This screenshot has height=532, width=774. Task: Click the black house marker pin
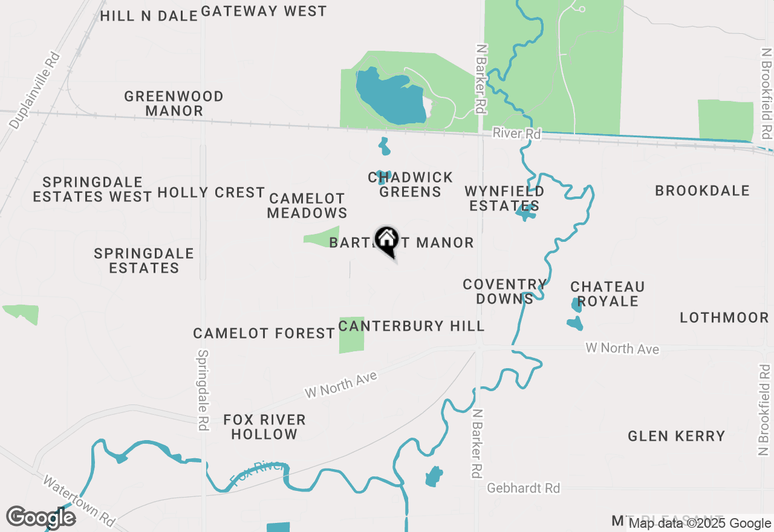pyautogui.click(x=386, y=240)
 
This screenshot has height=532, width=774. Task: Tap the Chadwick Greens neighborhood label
pyautogui.click(x=411, y=184)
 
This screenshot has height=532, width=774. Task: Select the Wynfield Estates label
pyautogui.click(x=504, y=198)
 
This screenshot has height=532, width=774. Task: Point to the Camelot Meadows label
pyautogui.click(x=307, y=206)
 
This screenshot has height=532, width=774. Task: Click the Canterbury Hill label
pyautogui.click(x=412, y=326)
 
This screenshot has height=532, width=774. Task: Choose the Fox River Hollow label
pyautogui.click(x=264, y=427)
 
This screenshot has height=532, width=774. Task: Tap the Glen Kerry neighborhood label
pyautogui.click(x=676, y=436)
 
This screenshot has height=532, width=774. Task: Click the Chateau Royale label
pyautogui.click(x=608, y=294)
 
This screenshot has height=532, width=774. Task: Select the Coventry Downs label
pyautogui.click(x=504, y=291)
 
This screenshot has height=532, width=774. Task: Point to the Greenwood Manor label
pyautogui.click(x=174, y=103)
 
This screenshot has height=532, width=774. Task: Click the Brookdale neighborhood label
pyautogui.click(x=703, y=191)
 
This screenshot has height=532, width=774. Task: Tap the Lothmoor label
pyautogui.click(x=724, y=318)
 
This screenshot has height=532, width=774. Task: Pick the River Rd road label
pyautogui.click(x=516, y=133)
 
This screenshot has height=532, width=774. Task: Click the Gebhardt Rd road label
pyautogui.click(x=524, y=488)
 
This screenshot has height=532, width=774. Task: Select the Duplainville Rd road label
pyautogui.click(x=35, y=91)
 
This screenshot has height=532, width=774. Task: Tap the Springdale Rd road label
pyautogui.click(x=203, y=390)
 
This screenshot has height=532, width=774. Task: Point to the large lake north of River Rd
pyautogui.click(x=390, y=97)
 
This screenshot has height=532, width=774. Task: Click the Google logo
pyautogui.click(x=41, y=517)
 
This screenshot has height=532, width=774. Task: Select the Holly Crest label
pyautogui.click(x=211, y=193)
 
